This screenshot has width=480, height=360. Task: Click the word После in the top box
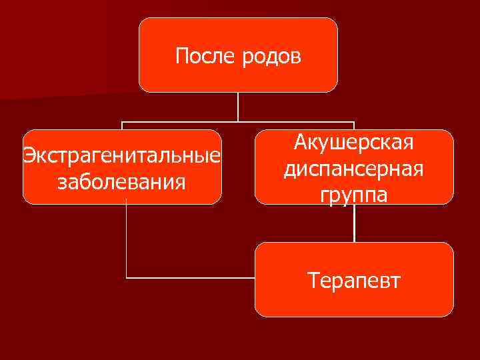[x=199, y=56]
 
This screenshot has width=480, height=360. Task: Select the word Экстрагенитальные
[x=122, y=157]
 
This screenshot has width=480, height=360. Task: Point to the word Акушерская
[x=354, y=143]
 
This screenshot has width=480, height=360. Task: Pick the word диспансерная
[x=354, y=169]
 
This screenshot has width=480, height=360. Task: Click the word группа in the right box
[x=354, y=195]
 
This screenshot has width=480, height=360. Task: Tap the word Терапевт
[x=354, y=280]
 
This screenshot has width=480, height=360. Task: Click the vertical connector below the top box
[x=238, y=107]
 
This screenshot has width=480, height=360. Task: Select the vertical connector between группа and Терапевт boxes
[x=354, y=223]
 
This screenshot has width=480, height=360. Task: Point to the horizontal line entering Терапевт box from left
[x=190, y=277]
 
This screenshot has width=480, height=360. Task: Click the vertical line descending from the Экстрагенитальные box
[x=127, y=240]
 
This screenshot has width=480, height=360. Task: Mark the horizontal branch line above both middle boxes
[x=238, y=122]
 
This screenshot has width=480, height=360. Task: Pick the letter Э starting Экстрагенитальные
[x=28, y=157]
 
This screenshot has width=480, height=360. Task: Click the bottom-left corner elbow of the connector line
[x=127, y=277]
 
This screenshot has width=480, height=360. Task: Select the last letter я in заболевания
[x=181, y=182]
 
